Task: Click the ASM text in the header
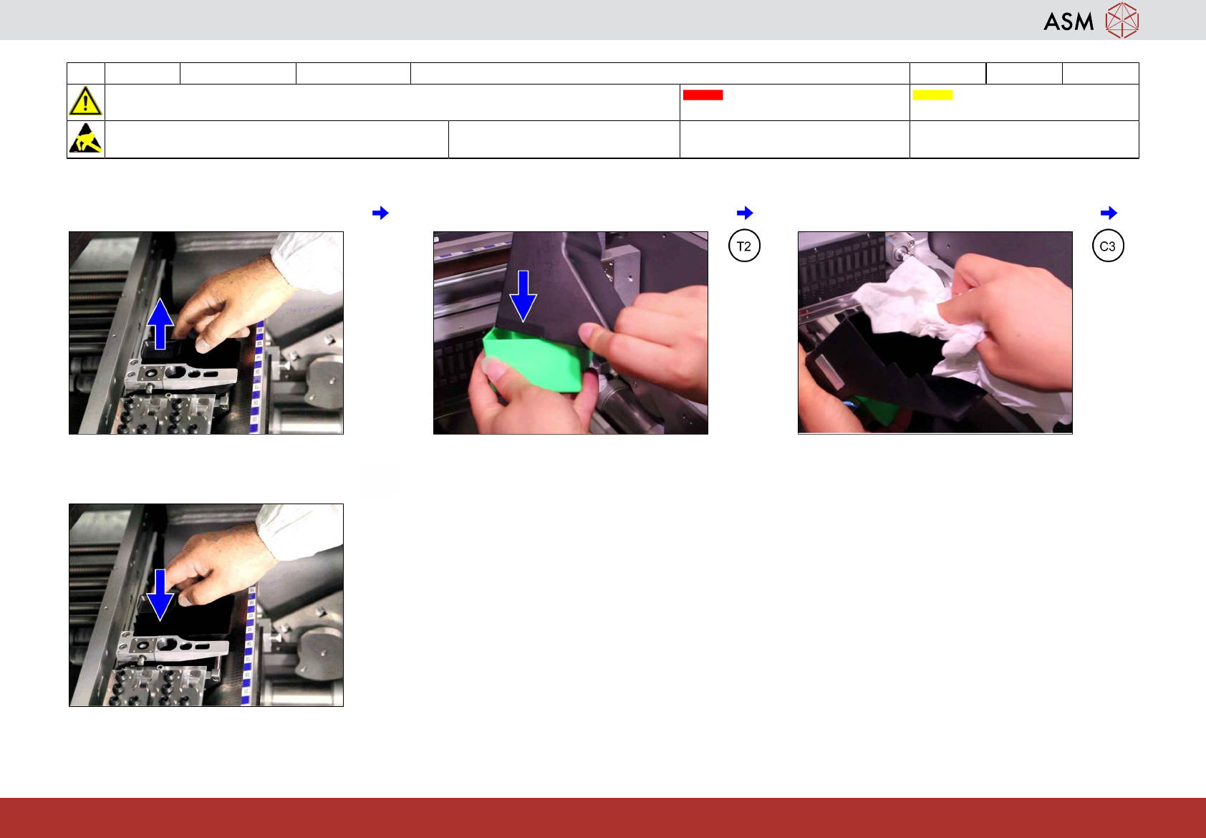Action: coord(1068,22)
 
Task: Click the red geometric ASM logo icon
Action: coord(1122,21)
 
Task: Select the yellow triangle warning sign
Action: coord(85,101)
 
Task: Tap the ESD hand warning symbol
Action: coord(86,138)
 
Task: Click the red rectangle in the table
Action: coord(703,95)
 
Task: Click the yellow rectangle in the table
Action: coord(932,95)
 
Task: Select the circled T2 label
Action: coord(744,246)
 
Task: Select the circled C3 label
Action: coord(1108,246)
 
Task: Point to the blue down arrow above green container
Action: coord(523,297)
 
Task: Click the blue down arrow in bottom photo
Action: coord(160,595)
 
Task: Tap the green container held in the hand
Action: coord(536,358)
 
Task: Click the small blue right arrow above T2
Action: coord(745,213)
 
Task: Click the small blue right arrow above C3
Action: coord(1109,213)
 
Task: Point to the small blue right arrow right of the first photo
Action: coord(380,213)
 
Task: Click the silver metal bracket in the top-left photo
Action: coord(180,375)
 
